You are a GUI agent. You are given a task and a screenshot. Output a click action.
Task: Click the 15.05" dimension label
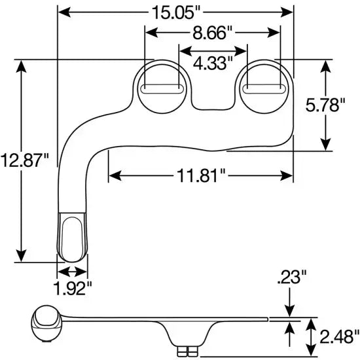(175, 12)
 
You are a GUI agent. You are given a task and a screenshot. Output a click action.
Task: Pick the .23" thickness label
(289, 278)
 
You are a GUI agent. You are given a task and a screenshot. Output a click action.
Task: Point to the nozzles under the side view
(189, 352)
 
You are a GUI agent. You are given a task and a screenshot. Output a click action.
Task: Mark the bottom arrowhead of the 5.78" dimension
(324, 145)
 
